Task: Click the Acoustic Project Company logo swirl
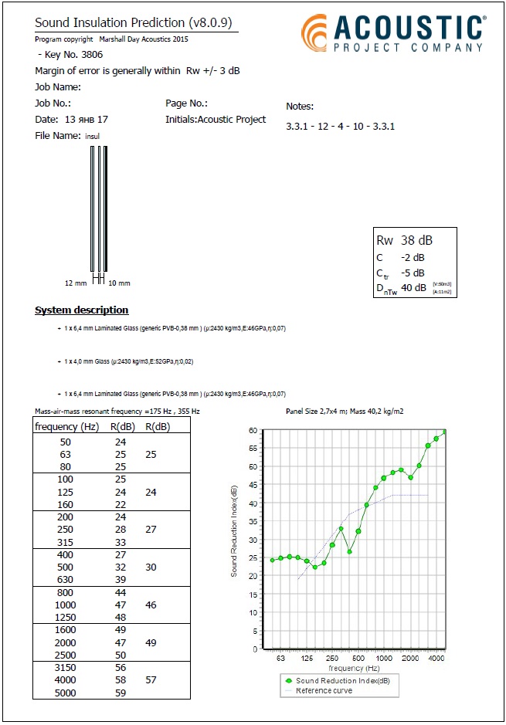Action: click(315, 35)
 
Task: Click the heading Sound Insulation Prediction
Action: click(136, 24)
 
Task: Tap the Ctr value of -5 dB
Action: click(413, 273)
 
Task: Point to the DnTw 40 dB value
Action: click(413, 288)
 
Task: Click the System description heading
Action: click(82, 310)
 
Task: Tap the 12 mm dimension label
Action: click(76, 283)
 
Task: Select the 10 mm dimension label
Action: click(119, 283)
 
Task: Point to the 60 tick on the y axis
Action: click(253, 430)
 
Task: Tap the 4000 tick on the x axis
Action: click(436, 659)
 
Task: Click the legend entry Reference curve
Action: click(324, 690)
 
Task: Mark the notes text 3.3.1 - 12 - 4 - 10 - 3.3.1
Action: click(340, 126)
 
